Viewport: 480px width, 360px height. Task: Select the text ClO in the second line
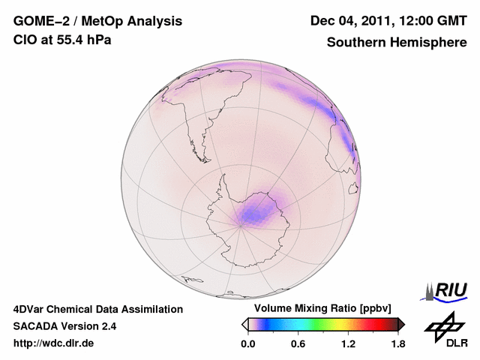[x=25, y=40]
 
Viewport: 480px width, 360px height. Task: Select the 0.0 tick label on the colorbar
[x=247, y=344]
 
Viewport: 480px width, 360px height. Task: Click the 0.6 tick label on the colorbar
[x=298, y=344]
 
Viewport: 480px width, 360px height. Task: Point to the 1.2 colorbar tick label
[x=347, y=344]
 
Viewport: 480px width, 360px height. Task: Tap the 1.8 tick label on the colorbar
[x=397, y=344]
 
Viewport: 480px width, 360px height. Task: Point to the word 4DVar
[x=31, y=309]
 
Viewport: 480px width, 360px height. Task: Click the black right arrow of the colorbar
[x=401, y=324]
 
